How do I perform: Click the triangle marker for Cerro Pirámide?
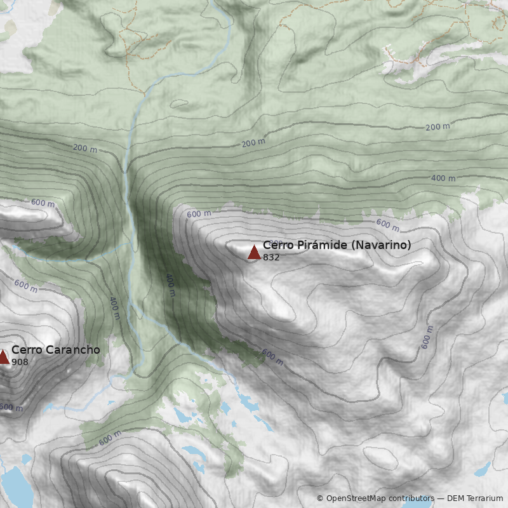pos(254,252)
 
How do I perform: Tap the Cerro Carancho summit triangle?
pos(3,357)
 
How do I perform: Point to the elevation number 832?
pos(271,257)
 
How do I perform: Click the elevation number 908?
pos(20,362)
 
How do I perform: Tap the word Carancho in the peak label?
pos(70,350)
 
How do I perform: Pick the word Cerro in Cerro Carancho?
pos(25,350)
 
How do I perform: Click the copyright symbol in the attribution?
pos(320,498)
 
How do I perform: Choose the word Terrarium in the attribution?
pos(485,498)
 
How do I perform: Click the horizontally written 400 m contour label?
pos(443,178)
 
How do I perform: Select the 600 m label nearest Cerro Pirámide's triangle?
pos(198,214)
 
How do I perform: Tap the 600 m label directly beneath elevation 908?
pos(11,407)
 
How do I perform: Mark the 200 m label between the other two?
pos(253,143)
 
